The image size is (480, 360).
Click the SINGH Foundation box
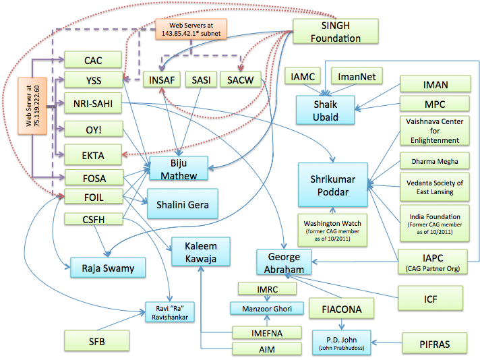(335, 31)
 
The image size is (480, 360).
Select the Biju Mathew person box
(179, 170)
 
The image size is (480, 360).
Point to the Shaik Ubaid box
(326, 109)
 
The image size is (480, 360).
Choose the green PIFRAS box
(434, 343)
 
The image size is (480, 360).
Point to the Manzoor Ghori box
(263, 308)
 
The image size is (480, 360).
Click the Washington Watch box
(332, 229)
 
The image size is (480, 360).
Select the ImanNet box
(356, 78)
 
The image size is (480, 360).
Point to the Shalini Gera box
(183, 204)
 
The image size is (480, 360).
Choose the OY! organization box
(94, 128)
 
